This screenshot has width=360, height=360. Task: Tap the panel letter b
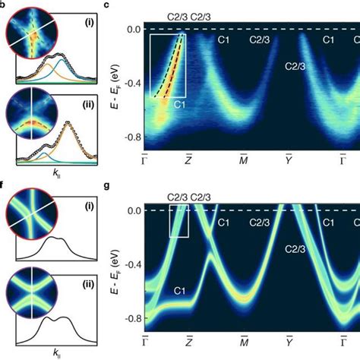3,5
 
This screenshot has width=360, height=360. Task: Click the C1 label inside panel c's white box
180,104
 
